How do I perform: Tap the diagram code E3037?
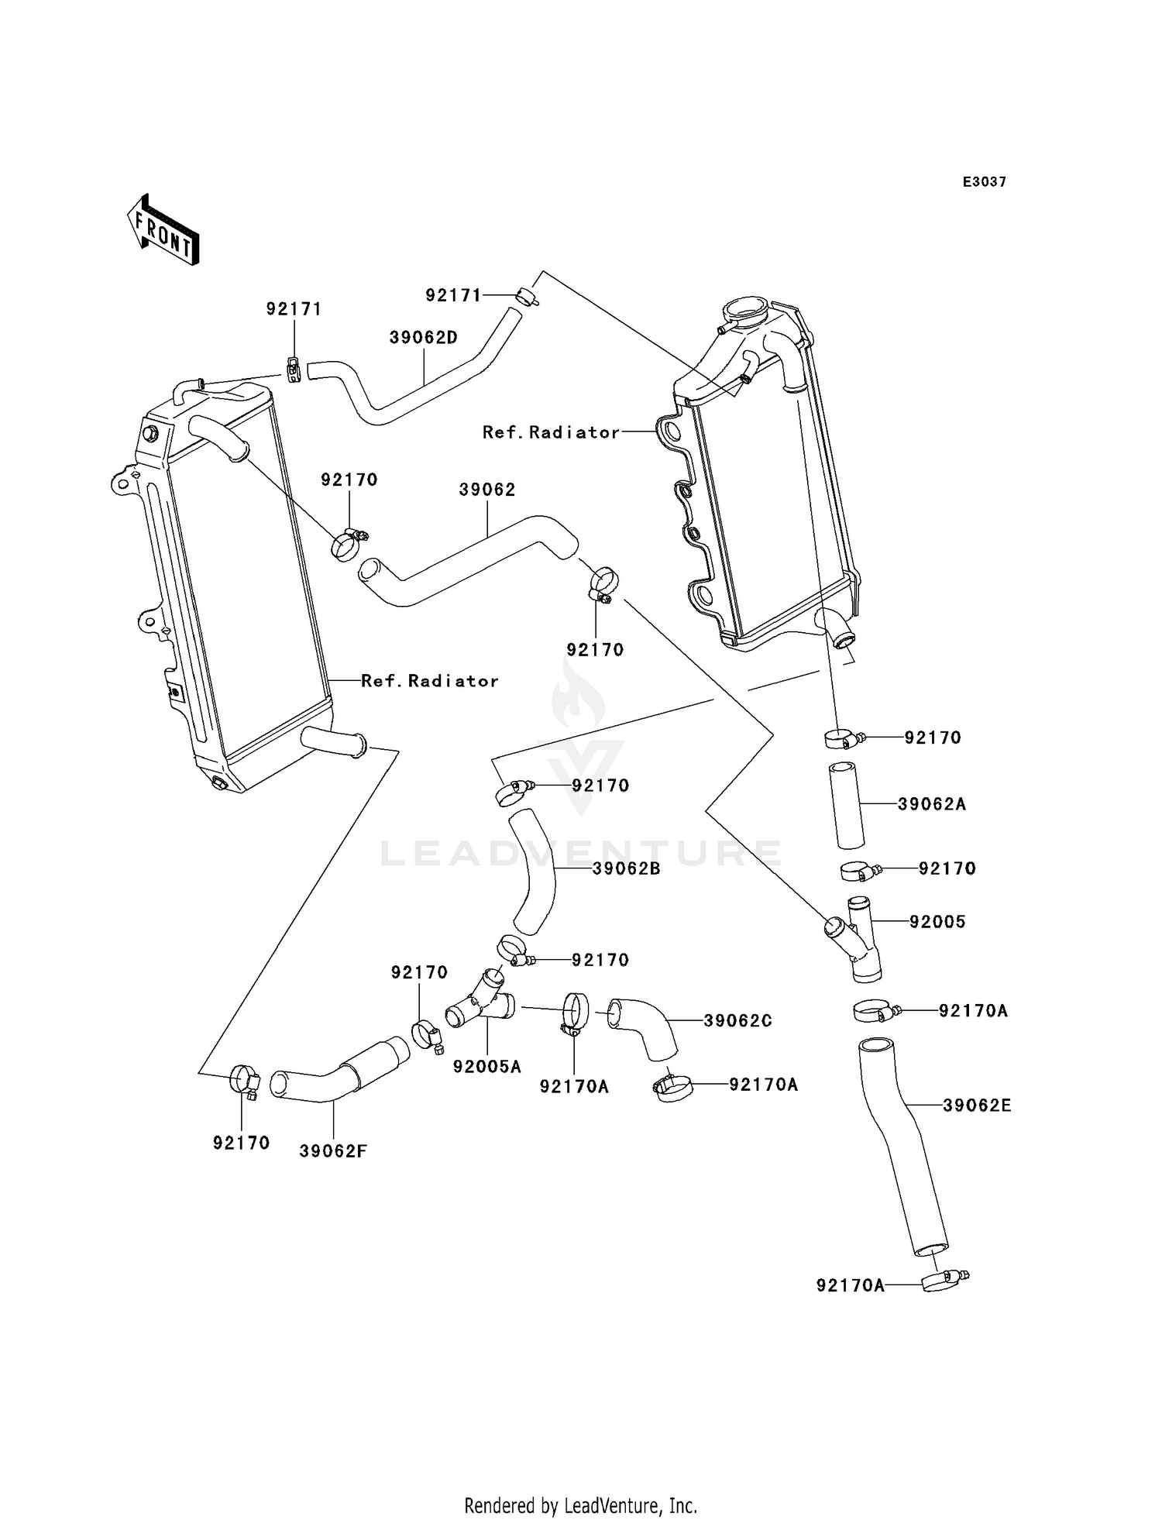(x=984, y=182)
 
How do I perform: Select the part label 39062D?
(x=424, y=338)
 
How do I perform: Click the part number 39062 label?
(x=487, y=490)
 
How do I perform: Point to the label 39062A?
(x=932, y=804)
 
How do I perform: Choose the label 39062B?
(x=626, y=869)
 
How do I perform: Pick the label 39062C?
(x=738, y=1021)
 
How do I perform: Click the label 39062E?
(x=977, y=1106)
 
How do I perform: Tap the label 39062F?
(x=333, y=1151)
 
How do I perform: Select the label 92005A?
(x=487, y=1067)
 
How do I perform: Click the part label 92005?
(x=937, y=922)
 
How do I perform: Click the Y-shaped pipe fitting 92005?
(x=857, y=939)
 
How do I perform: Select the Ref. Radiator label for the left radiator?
(x=430, y=681)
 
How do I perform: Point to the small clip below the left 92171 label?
(x=294, y=370)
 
